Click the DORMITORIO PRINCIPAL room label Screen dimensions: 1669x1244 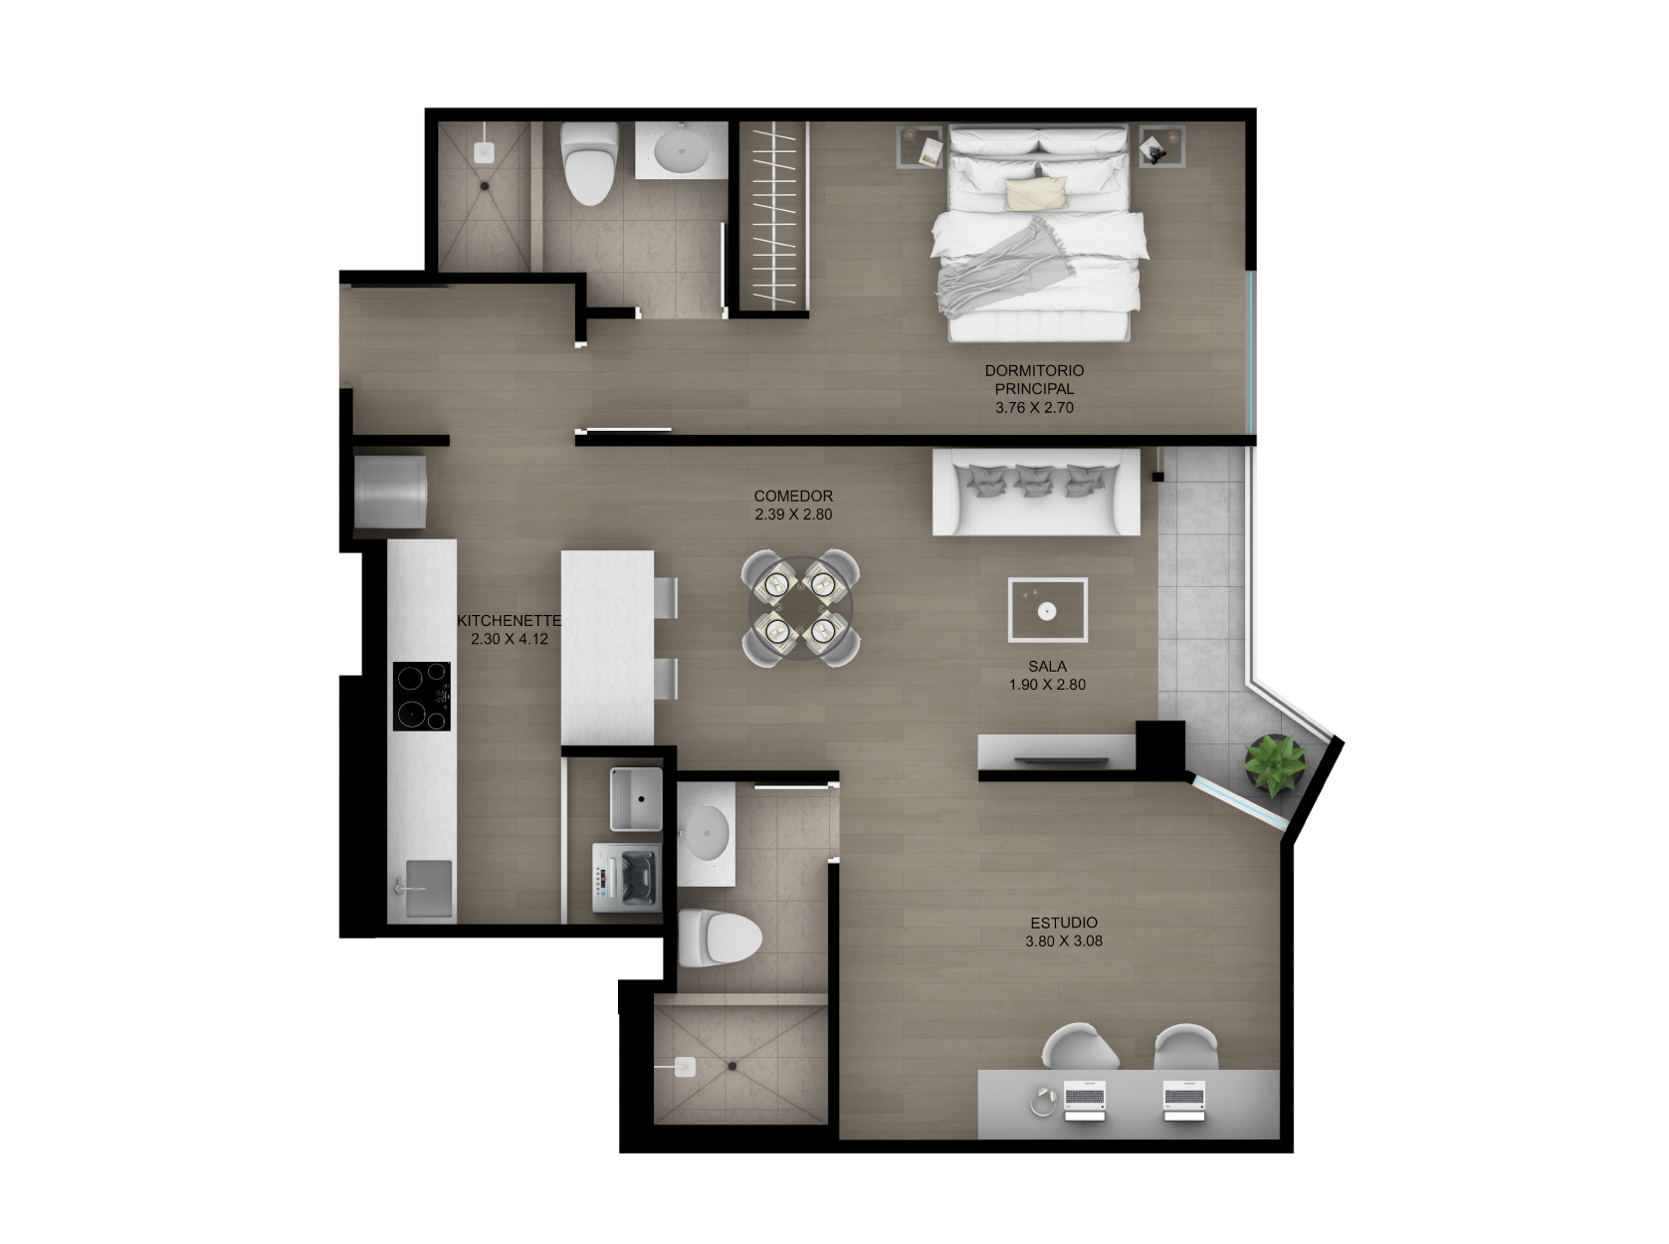pyautogui.click(x=1034, y=379)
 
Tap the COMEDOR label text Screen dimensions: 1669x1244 pyautogui.click(x=793, y=496)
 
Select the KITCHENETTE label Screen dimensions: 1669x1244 pyautogui.click(x=509, y=620)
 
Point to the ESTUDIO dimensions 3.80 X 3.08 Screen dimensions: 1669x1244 pyautogui.click(x=1064, y=940)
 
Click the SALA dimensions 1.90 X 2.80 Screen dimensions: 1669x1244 pyautogui.click(x=1047, y=685)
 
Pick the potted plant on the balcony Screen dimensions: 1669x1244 pyautogui.click(x=1274, y=764)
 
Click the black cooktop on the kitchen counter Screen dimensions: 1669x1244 pyautogui.click(x=421, y=696)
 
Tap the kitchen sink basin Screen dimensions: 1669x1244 pyautogui.click(x=428, y=888)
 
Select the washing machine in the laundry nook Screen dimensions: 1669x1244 pyautogui.click(x=627, y=877)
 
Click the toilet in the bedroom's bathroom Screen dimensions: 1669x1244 pyautogui.click(x=589, y=163)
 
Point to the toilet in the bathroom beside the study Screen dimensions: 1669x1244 pyautogui.click(x=720, y=937)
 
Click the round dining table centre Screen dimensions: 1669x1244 pyautogui.click(x=801, y=608)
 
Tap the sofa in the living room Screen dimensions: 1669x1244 pyautogui.click(x=1036, y=492)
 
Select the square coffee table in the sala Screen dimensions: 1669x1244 pyautogui.click(x=1047, y=609)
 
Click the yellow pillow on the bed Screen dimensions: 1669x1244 pyautogui.click(x=1036, y=193)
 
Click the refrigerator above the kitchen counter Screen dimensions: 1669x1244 pyautogui.click(x=390, y=492)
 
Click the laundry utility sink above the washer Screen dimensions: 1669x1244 pyautogui.click(x=636, y=798)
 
